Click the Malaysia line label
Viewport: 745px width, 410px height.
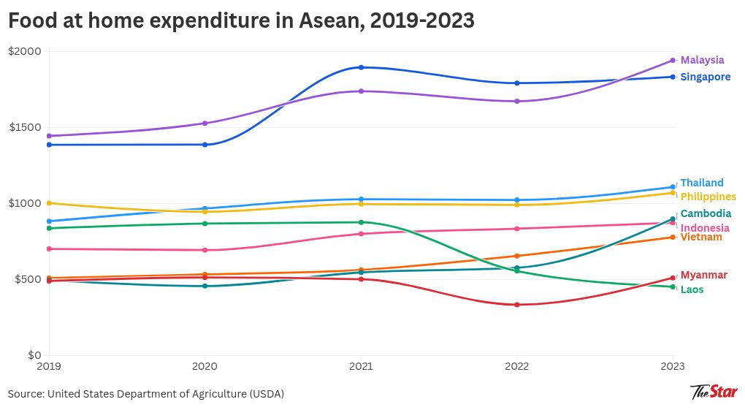pyautogui.click(x=702, y=60)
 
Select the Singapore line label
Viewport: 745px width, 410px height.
pyautogui.click(x=705, y=77)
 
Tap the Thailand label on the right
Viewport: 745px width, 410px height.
pyautogui.click(x=702, y=183)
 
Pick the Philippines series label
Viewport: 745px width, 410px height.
pyautogui.click(x=708, y=197)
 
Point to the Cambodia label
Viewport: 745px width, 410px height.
pyautogui.click(x=706, y=213)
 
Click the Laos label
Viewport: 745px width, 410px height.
pyautogui.click(x=692, y=289)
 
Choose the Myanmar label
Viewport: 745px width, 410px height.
pyautogui.click(x=703, y=275)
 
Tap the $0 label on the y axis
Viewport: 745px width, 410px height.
pyautogui.click(x=34, y=355)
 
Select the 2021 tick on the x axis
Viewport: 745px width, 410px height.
pyautogui.click(x=361, y=365)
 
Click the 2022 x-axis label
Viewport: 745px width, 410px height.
pyautogui.click(x=517, y=365)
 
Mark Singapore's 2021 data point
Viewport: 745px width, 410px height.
pyautogui.click(x=361, y=67)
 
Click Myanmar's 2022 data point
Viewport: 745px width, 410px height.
pyautogui.click(x=517, y=305)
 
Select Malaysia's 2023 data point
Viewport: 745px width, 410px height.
pyautogui.click(x=673, y=61)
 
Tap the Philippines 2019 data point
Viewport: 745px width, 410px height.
pyautogui.click(x=49, y=203)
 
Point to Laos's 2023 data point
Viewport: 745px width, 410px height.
pyautogui.click(x=673, y=286)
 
